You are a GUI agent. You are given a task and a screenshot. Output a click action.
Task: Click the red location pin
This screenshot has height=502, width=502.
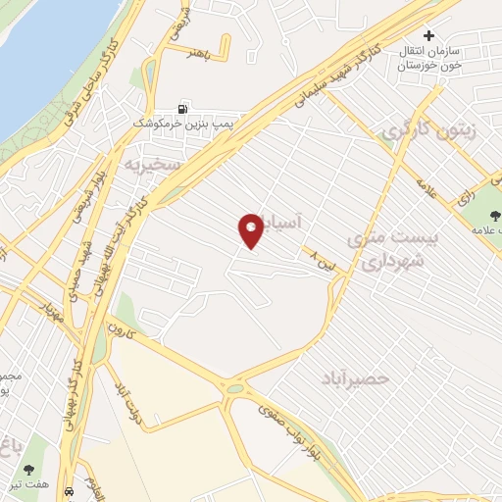[x=252, y=230]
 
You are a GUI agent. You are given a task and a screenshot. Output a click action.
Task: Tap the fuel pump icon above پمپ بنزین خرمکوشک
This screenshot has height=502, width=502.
[x=183, y=109]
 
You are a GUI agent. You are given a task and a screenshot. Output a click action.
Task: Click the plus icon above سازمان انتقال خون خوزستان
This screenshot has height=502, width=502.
[x=428, y=35]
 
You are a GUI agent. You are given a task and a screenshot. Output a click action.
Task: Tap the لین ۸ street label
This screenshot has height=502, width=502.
[x=321, y=259]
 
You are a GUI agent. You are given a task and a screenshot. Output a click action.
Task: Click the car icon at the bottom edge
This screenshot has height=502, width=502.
[x=69, y=490]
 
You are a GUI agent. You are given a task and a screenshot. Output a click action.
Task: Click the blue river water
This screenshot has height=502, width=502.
[x=39, y=49]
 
